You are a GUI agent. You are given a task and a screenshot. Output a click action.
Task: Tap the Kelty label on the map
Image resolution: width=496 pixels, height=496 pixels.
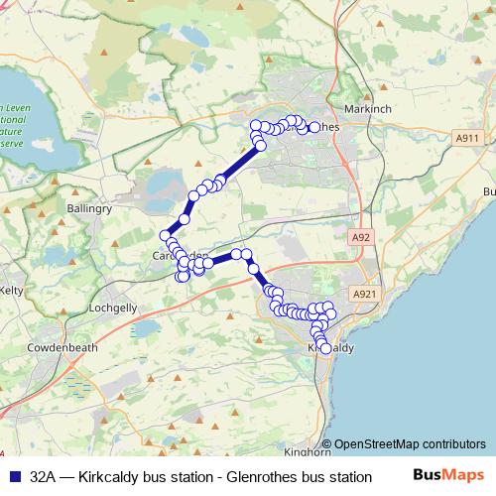click(12, 290)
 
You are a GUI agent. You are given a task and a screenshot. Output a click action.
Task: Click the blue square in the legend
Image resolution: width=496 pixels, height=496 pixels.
click(14, 477)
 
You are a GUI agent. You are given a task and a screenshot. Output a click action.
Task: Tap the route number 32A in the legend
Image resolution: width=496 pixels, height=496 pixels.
click(43, 477)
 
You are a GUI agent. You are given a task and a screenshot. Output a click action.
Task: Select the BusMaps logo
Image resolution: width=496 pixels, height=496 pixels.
click(448, 476)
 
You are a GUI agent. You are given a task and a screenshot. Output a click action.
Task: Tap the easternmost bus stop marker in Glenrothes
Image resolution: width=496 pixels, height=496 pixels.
click(315, 127)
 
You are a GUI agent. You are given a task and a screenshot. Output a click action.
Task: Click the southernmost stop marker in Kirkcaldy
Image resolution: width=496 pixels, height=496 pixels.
click(325, 348)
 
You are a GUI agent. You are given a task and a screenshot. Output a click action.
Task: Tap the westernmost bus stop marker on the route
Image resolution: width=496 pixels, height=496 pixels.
click(165, 235)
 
